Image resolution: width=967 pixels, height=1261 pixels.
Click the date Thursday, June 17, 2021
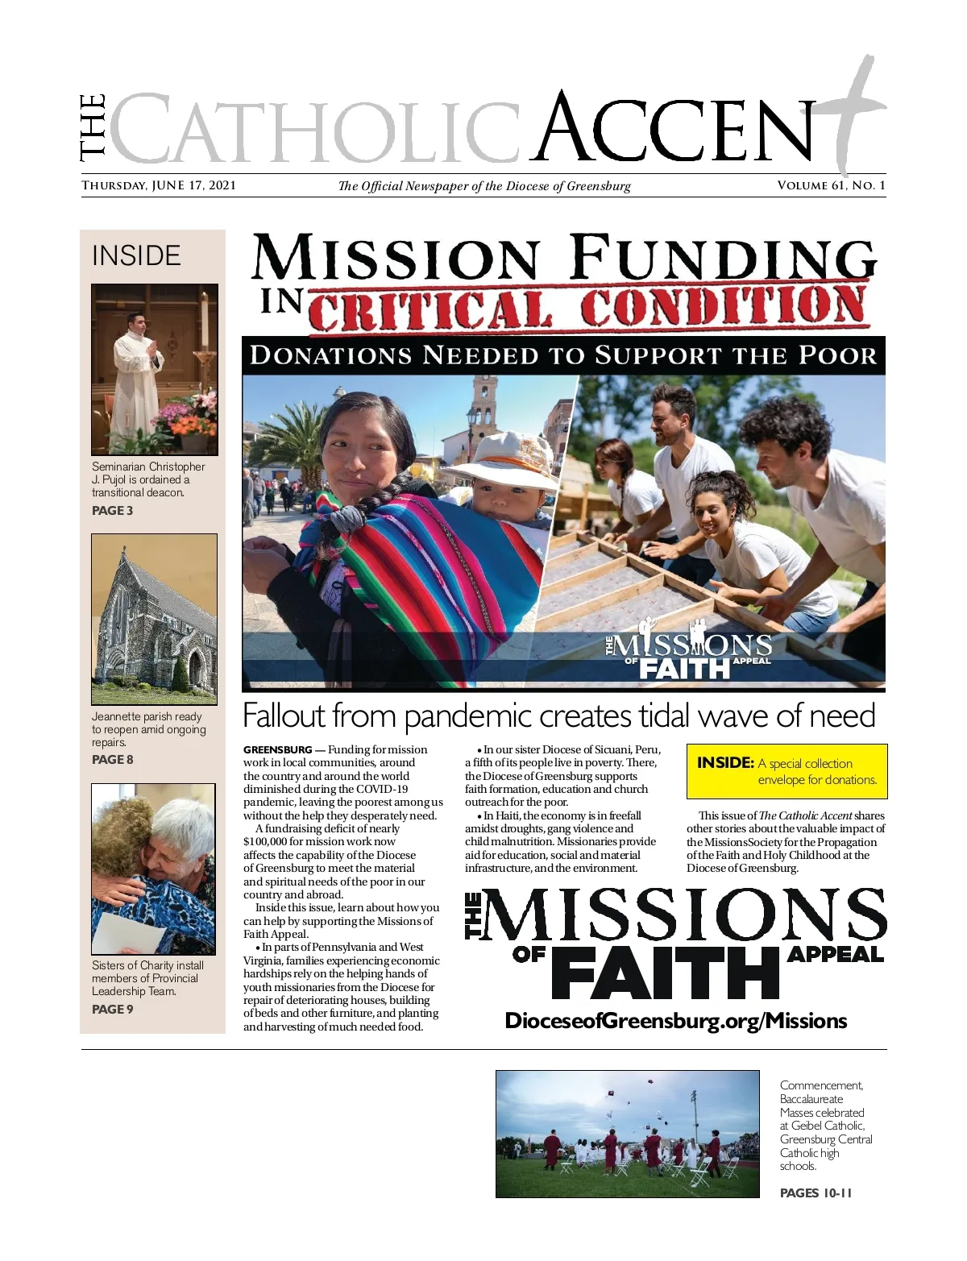point(159,185)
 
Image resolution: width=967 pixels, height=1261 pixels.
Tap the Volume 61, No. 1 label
point(831,185)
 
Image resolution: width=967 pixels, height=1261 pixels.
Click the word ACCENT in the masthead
point(677,129)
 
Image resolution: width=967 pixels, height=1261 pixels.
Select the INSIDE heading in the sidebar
point(136,255)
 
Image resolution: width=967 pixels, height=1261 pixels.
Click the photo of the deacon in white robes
point(154,369)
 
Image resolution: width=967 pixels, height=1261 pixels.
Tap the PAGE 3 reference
point(113,510)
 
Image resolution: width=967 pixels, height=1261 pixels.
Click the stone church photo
point(154,619)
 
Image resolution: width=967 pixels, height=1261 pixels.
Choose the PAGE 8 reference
point(113,759)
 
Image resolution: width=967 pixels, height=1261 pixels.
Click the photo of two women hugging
point(153,869)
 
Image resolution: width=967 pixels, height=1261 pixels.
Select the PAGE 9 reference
point(113,1009)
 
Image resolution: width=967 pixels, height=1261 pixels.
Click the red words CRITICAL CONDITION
point(588,309)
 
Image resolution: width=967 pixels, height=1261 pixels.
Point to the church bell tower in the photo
point(484,407)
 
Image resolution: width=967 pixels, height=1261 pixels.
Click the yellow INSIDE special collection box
point(786,771)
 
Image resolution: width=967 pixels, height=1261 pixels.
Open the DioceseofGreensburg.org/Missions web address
point(675,1021)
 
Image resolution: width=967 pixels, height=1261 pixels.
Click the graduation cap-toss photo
point(627,1134)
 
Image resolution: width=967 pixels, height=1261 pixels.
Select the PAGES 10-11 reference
point(816,1193)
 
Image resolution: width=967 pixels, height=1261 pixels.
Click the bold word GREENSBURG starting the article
point(277,750)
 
